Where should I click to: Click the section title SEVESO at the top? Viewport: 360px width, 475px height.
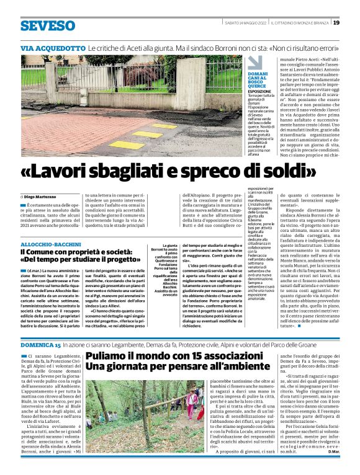[46, 26]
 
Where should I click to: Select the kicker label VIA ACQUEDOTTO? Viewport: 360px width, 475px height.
[53, 48]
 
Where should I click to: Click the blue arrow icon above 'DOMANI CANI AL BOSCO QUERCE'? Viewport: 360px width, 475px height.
[254, 63]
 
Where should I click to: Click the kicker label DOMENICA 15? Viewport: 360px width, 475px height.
[41, 344]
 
